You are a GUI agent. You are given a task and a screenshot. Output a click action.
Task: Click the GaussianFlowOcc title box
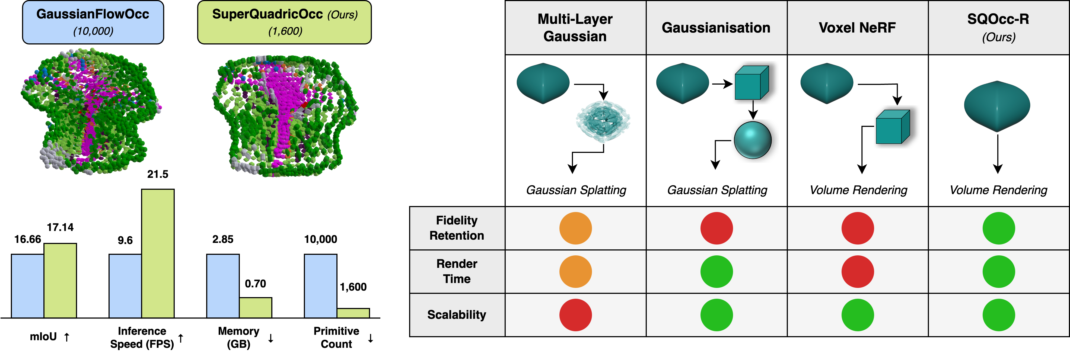point(93,22)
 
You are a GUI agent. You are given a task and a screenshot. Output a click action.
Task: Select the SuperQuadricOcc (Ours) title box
point(285,22)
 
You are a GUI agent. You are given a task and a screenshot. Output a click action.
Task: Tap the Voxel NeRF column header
point(857,27)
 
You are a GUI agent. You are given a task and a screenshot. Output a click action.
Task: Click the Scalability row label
point(457,315)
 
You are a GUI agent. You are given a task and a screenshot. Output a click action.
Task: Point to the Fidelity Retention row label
point(457,228)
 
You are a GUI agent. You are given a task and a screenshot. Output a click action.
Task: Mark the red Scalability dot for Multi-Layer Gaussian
point(575,315)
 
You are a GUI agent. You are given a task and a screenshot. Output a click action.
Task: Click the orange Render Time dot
point(575,272)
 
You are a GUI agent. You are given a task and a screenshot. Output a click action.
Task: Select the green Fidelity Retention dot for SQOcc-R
point(999,228)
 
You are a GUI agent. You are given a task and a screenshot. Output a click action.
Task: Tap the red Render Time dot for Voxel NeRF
point(857,272)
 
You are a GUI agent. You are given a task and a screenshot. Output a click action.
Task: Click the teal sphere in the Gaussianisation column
point(752,140)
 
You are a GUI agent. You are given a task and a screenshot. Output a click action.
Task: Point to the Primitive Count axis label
point(336,337)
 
